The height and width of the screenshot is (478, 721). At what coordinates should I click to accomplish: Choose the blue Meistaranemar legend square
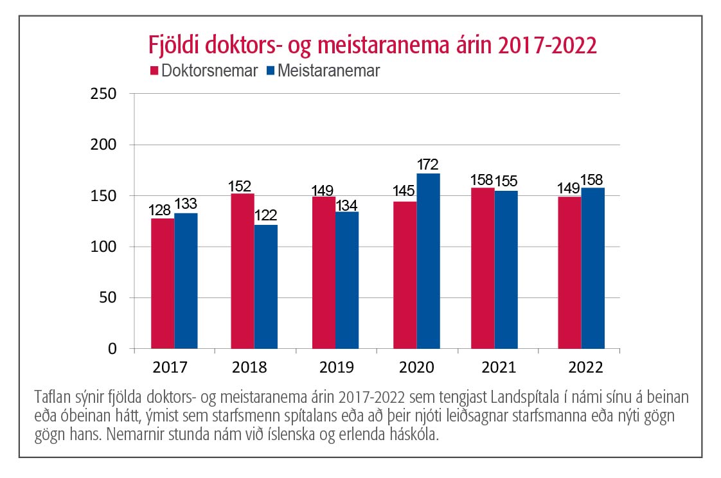click(269, 71)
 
